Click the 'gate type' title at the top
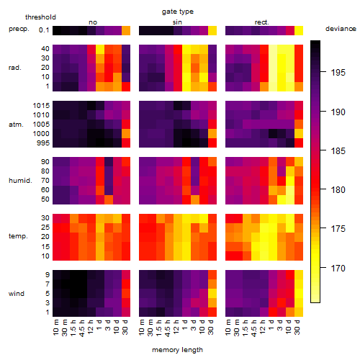pos(178,12)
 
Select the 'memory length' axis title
pos(177,350)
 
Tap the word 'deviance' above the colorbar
pos(341,29)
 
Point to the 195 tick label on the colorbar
pos(338,73)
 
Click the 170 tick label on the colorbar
pos(338,268)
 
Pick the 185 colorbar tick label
pos(338,151)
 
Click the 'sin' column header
pos(177,22)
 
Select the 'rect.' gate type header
pos(261,22)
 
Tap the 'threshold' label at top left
pos(40,17)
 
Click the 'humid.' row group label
pos(20,181)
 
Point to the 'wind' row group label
pos(17,294)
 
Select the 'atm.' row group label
pos(16,125)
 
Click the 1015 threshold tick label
pos(41,106)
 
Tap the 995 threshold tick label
pos(43,143)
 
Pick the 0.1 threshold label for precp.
pos(44,30)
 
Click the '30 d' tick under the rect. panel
pos(297,327)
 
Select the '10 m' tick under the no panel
pos(55,327)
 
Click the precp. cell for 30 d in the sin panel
pos(212,30)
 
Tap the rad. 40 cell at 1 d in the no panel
pos(100,49)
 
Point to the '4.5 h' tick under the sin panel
pos(168,328)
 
